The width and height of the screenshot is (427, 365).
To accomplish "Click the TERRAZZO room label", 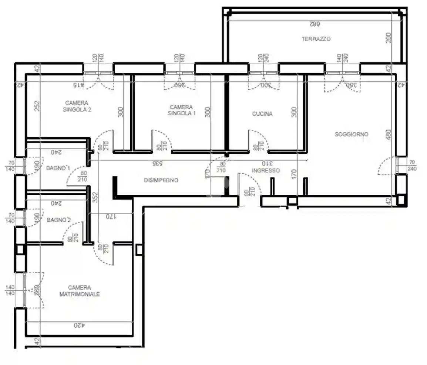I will [x=316, y=39].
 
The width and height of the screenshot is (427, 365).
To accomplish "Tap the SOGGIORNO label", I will [x=351, y=134].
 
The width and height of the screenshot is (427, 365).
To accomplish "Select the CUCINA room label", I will [x=262, y=114].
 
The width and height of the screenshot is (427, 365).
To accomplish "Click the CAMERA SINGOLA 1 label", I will [x=181, y=110].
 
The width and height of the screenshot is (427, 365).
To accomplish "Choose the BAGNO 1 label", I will [x=58, y=168].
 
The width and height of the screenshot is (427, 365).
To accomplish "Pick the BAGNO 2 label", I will [x=59, y=220].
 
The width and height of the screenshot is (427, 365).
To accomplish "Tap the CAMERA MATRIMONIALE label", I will [x=80, y=291].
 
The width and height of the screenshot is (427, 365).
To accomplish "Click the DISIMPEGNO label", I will [x=161, y=180].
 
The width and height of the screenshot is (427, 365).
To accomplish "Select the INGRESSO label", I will [x=265, y=171].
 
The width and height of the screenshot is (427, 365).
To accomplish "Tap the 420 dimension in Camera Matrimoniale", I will [x=79, y=325].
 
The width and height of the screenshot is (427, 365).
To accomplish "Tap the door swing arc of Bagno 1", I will [x=72, y=174].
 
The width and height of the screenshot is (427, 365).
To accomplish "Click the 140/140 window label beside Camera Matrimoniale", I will [x=10, y=290].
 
